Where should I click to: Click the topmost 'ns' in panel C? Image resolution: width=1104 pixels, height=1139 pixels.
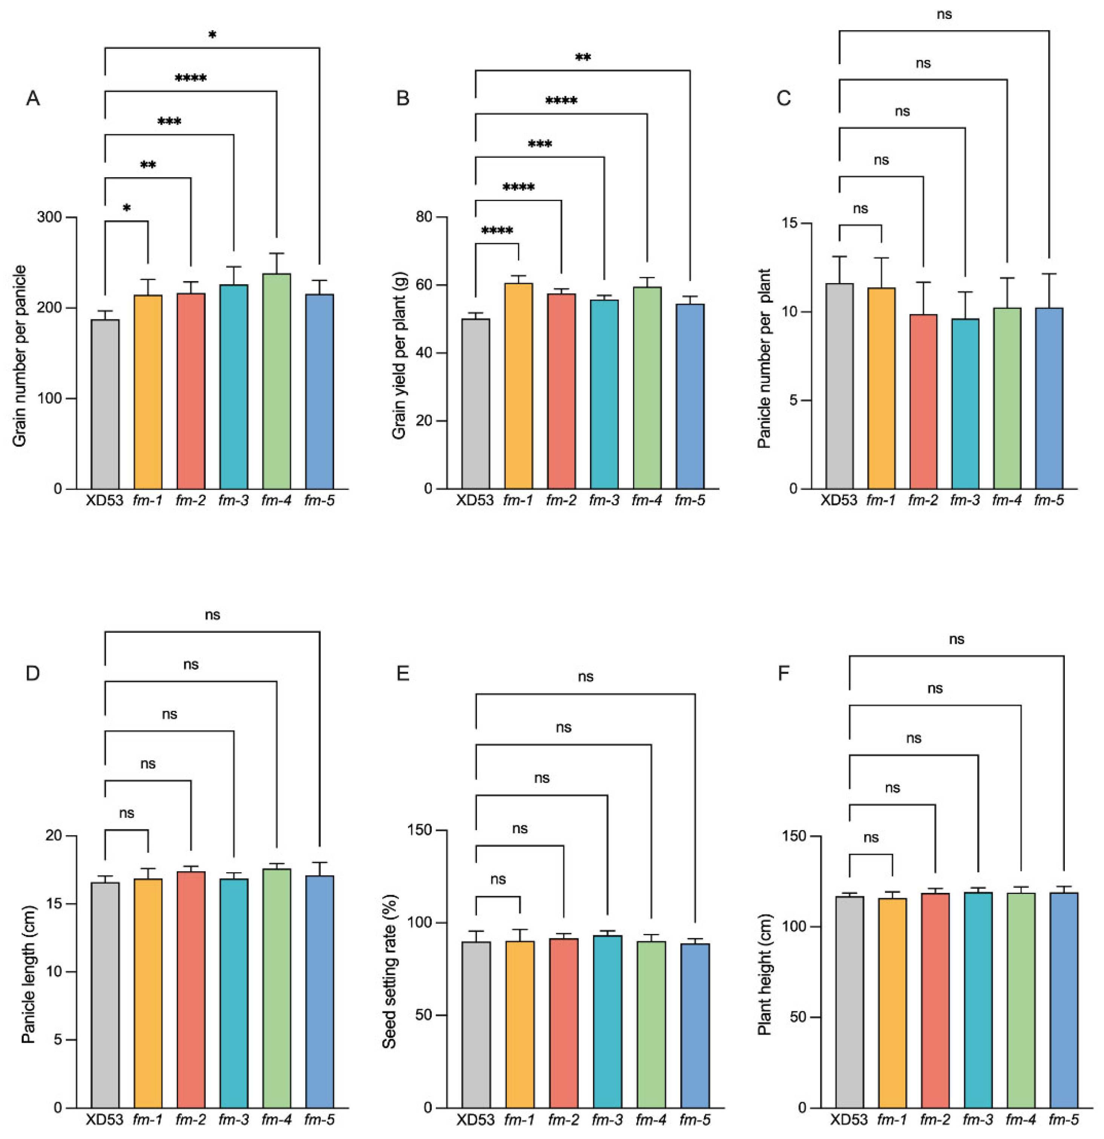point(944,14)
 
